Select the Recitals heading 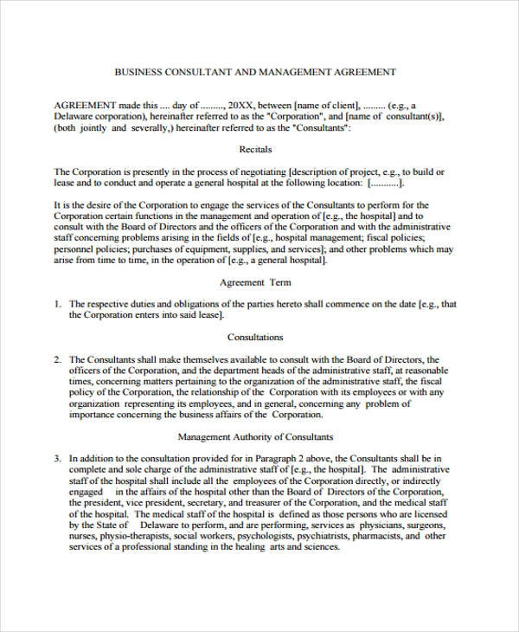[x=255, y=149]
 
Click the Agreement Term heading [x=255, y=282]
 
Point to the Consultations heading [x=255, y=337]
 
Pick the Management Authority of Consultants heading [x=255, y=437]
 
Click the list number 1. [x=57, y=305]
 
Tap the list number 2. [x=57, y=359]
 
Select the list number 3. [x=57, y=459]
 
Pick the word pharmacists [x=384, y=536]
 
